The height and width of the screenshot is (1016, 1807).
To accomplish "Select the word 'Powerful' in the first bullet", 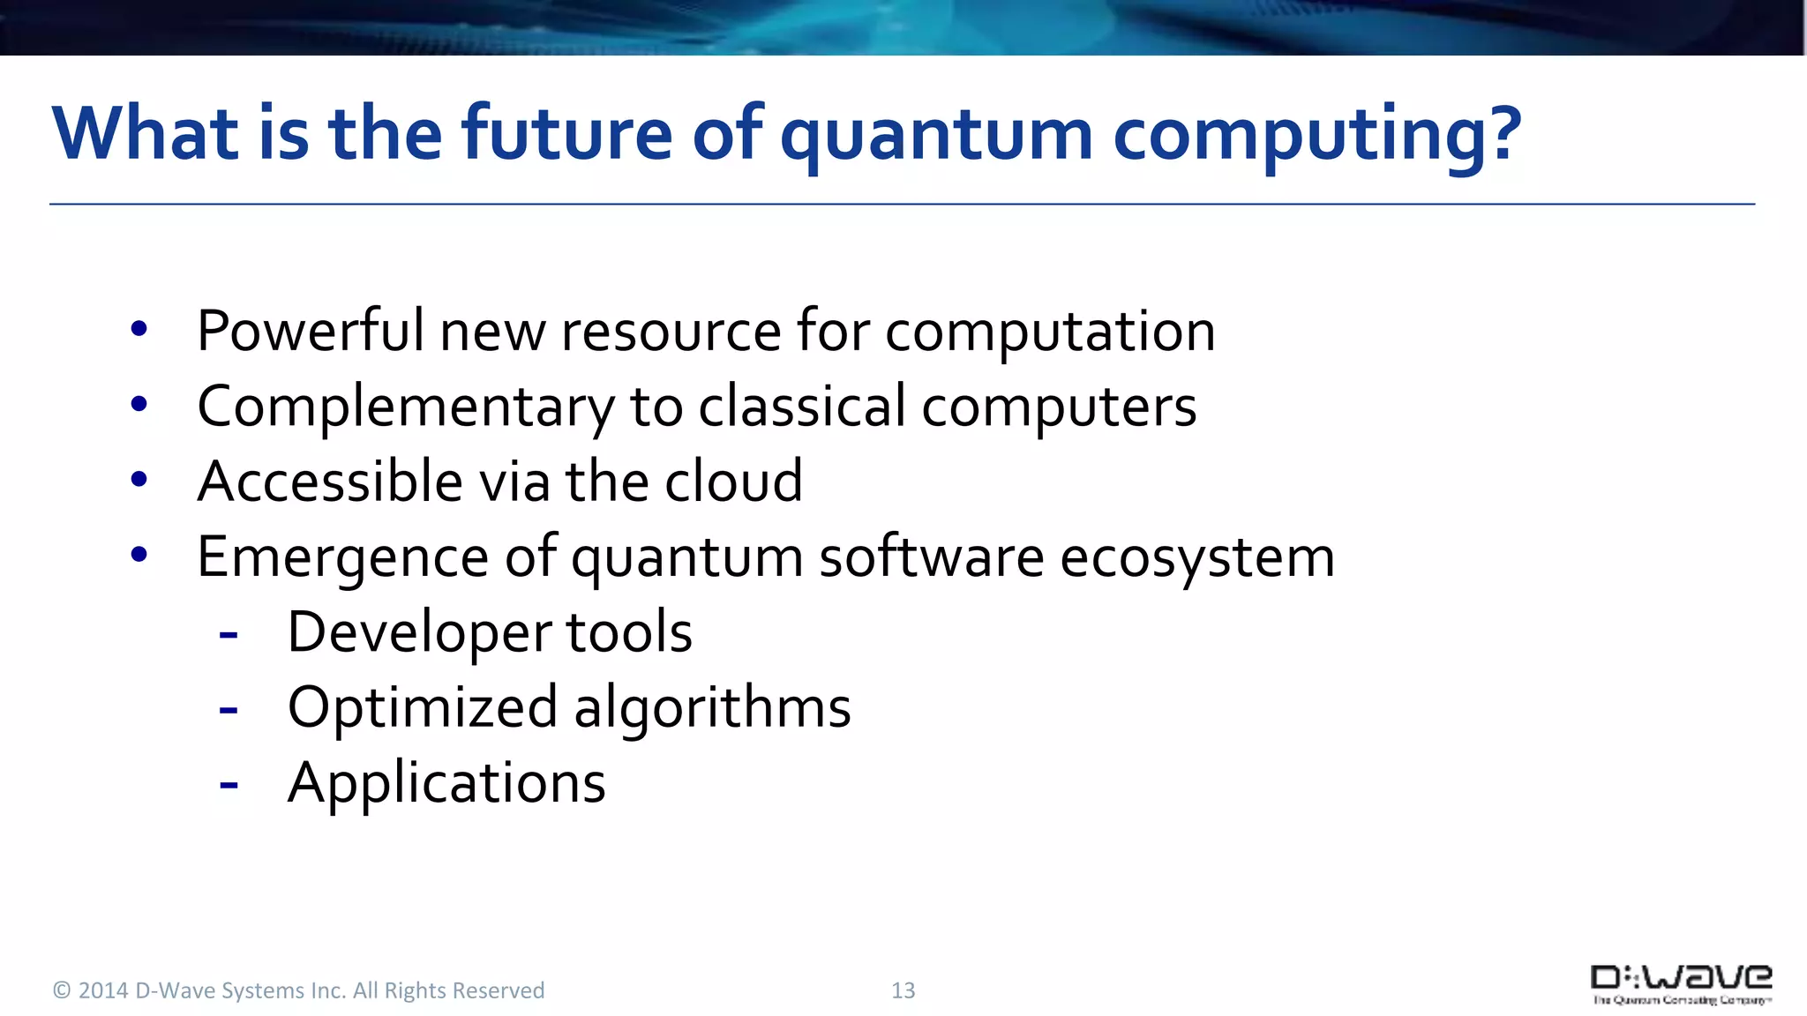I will click(x=310, y=332).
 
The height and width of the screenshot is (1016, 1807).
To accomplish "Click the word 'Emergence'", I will click(x=342, y=558).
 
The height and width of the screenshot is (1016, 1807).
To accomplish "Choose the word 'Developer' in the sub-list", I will click(x=418, y=633).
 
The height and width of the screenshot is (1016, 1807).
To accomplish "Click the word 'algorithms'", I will click(x=712, y=708).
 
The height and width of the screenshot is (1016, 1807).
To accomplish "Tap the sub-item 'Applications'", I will click(x=446, y=783).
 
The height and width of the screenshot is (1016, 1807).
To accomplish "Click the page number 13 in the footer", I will click(x=903, y=990).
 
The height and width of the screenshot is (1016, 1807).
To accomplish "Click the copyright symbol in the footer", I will click(x=62, y=990).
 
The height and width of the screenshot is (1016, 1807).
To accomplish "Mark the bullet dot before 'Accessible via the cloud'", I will click(x=139, y=480).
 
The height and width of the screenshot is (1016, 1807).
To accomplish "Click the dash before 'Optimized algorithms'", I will click(x=229, y=709).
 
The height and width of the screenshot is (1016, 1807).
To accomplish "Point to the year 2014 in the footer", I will click(x=103, y=990).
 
